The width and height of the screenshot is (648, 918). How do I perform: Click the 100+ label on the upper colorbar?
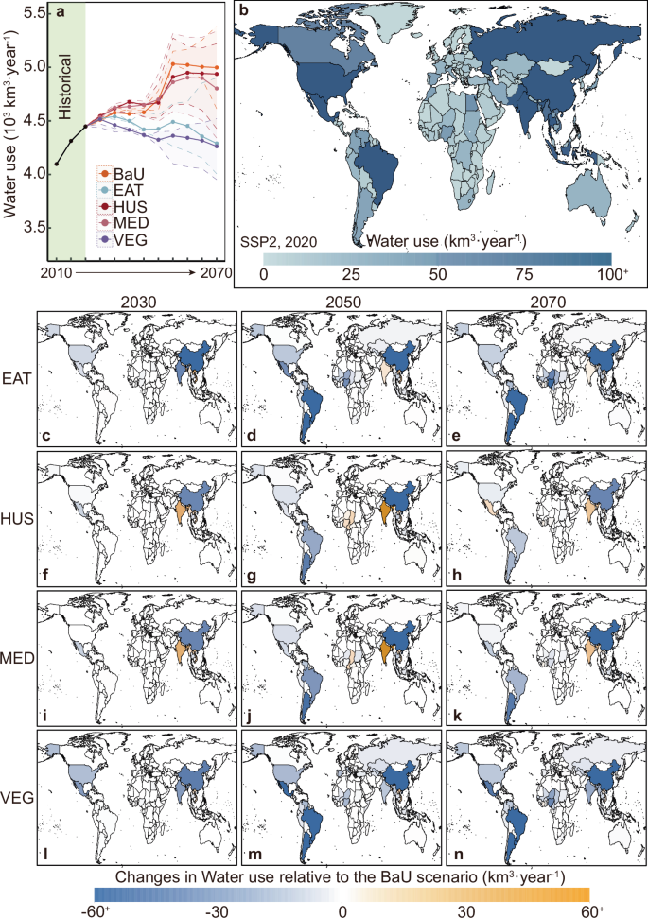[x=613, y=274]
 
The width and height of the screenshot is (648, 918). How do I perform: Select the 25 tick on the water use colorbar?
[x=350, y=274]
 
